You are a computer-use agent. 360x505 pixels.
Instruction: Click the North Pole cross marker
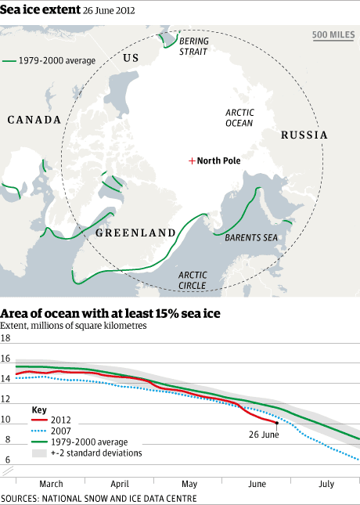coord(191,161)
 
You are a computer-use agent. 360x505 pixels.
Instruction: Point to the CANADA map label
coord(34,120)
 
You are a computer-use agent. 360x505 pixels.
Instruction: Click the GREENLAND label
coord(135,233)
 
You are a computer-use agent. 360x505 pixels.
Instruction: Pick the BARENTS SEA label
coord(251,236)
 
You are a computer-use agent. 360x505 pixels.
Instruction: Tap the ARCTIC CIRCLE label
coord(193,280)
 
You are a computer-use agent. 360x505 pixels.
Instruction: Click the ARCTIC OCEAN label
coord(239,117)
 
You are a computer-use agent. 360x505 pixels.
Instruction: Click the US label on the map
coord(131,58)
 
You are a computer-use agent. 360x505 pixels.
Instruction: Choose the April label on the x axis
coord(120,484)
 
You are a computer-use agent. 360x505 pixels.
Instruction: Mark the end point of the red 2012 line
coord(276,422)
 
